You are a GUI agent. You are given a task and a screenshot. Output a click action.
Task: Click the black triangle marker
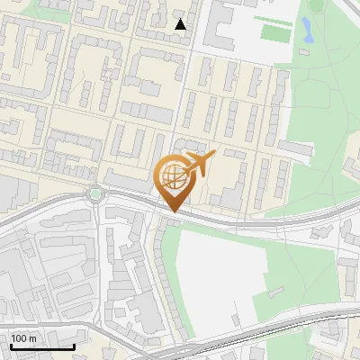point(181,24)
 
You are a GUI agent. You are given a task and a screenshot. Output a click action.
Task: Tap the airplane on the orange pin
point(199,166)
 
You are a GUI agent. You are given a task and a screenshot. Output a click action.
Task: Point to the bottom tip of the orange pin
point(171,212)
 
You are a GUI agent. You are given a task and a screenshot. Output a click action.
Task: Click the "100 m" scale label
point(24,338)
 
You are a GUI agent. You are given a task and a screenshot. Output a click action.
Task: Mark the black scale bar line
point(41,347)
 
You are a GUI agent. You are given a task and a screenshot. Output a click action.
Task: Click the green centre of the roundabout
point(95,193)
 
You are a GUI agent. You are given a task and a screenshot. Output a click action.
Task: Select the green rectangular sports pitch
point(274,32)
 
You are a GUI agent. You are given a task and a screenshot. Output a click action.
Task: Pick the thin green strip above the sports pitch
point(273,18)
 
